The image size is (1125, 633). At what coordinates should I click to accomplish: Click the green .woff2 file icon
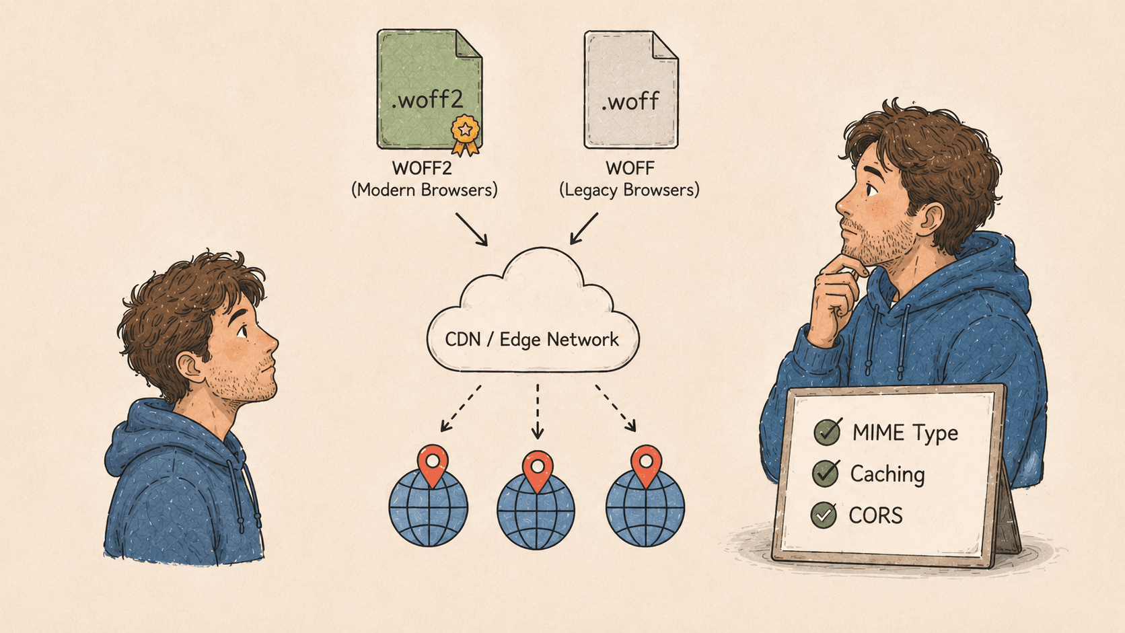[429, 89]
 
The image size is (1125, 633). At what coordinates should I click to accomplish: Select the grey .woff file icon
[631, 89]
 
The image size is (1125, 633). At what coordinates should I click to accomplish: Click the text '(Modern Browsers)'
[425, 190]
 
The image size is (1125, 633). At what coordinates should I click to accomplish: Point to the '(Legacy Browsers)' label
[629, 190]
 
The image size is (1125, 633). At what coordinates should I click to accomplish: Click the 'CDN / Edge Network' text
[532, 340]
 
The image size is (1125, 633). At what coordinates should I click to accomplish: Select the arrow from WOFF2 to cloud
[472, 229]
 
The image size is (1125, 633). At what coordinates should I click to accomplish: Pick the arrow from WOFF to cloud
[584, 229]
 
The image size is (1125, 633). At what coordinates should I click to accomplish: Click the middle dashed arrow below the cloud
[538, 412]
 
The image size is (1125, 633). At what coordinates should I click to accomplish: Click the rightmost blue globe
[645, 508]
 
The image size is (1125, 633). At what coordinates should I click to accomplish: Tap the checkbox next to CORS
[824, 515]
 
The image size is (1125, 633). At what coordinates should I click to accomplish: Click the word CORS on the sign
[876, 515]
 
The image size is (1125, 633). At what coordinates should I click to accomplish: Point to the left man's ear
[190, 367]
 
